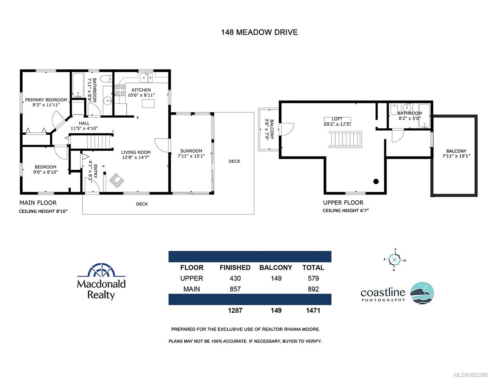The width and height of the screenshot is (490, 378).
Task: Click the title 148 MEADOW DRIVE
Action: (260, 32)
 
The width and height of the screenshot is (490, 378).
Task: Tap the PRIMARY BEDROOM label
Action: (46, 100)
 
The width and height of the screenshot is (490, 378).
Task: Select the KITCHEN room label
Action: (141, 90)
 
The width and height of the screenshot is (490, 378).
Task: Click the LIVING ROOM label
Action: (136, 152)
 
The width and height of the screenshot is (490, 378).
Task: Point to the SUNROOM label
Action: (191, 151)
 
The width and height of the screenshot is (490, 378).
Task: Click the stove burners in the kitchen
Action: (120, 90)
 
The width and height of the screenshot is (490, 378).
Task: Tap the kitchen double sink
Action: (146, 77)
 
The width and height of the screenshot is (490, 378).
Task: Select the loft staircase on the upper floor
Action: (345, 139)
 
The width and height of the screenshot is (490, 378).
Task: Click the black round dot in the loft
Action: (376, 181)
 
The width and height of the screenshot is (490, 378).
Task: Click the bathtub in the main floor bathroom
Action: (78, 85)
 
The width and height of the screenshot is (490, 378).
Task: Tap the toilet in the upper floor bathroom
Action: (394, 109)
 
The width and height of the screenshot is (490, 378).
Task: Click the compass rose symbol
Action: (395, 260)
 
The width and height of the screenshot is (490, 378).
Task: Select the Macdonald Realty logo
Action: (101, 281)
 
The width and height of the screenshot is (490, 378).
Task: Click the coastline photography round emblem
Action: (422, 293)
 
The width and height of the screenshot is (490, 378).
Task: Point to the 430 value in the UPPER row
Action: (235, 278)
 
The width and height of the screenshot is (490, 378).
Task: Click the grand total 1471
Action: (313, 311)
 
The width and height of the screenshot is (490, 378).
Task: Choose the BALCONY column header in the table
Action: (276, 268)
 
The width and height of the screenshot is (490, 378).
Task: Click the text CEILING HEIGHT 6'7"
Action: (345, 211)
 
